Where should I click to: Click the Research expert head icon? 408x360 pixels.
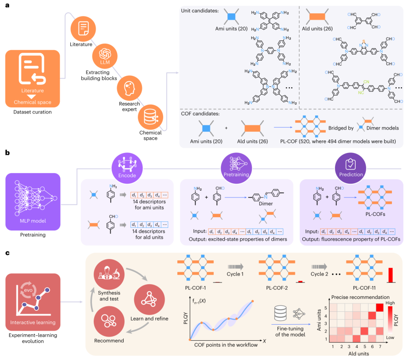(x=129, y=86)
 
